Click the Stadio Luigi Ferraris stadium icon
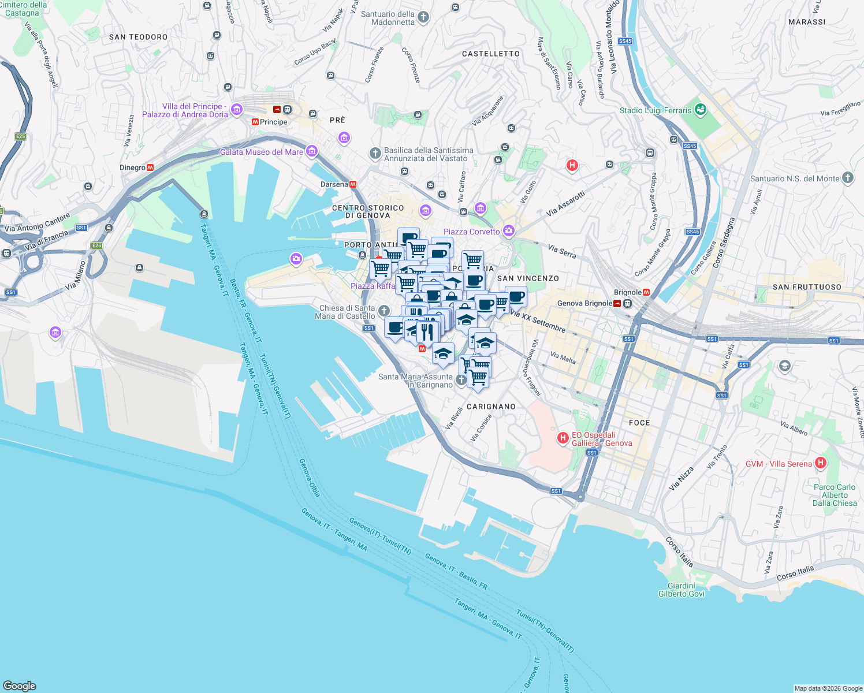tap(701, 110)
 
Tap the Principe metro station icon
tap(255, 122)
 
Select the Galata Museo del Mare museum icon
tap(312, 151)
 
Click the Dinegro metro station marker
tap(150, 167)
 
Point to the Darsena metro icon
tap(353, 184)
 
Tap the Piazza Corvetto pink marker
tap(508, 231)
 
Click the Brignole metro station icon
tap(646, 292)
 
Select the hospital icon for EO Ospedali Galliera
tap(563, 438)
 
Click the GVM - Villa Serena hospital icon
tap(821, 463)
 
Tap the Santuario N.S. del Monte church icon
tap(847, 178)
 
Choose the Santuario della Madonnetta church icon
tap(423, 17)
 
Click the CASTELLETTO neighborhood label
tap(491, 54)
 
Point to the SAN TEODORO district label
tap(138, 37)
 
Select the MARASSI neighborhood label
tap(807, 22)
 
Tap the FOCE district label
tap(639, 423)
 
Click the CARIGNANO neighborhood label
tap(491, 407)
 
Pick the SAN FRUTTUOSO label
tap(807, 287)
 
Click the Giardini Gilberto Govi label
tap(681, 590)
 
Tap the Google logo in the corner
tap(20, 685)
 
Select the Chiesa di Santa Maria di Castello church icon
tap(384, 311)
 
